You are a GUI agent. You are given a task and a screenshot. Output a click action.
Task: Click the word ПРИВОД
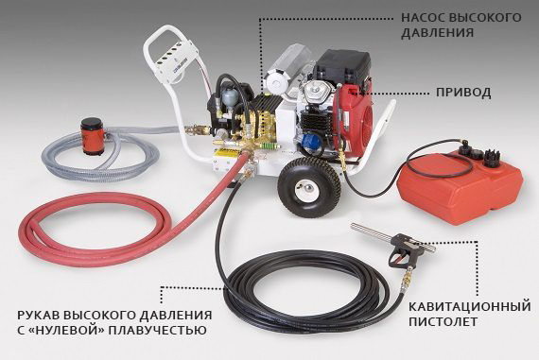click(x=463, y=93)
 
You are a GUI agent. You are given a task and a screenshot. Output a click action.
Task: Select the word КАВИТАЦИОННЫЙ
click(x=470, y=306)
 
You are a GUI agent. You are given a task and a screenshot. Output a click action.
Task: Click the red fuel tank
click(x=460, y=185)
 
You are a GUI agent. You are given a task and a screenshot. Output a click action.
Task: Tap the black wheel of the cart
click(x=308, y=187)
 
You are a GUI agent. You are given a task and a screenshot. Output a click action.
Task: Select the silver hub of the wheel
click(x=306, y=189)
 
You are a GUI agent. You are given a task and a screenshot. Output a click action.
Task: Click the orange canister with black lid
click(x=92, y=136)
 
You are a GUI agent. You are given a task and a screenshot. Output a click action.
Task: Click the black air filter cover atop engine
click(x=342, y=68)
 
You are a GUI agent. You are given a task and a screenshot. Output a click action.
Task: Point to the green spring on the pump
click(x=269, y=146)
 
